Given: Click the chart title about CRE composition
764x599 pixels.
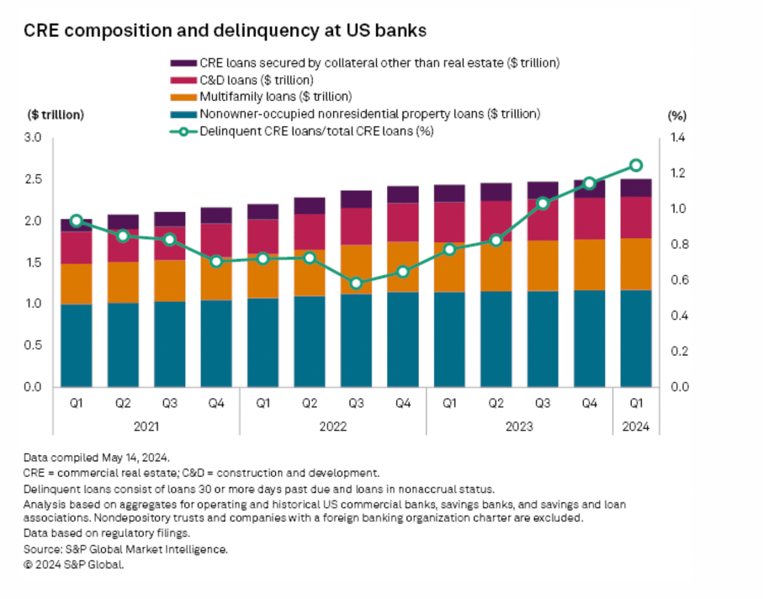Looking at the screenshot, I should point(225,31).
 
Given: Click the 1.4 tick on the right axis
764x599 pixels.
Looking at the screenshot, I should point(677,137).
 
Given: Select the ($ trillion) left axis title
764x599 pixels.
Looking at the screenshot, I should point(56,114).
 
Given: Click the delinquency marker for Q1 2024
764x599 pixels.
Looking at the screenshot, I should point(636,166).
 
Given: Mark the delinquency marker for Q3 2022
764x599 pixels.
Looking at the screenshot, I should point(357,284).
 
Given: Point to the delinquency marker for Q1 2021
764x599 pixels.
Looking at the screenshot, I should point(77,220).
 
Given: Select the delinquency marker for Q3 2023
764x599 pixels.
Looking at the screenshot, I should point(543,203).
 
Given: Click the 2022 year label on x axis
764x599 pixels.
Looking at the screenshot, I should point(333,427).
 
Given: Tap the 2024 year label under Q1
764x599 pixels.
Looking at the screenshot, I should point(636,427).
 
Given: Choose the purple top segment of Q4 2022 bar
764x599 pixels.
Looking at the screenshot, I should point(403,194).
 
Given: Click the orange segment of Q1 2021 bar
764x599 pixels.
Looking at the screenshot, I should point(77,284).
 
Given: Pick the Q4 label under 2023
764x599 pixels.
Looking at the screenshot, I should point(589,403).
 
